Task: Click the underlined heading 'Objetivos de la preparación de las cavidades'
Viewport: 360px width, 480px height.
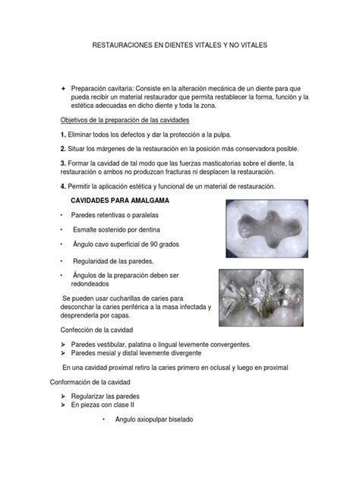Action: (x=129, y=121)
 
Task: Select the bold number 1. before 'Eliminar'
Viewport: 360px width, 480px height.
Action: (x=64, y=134)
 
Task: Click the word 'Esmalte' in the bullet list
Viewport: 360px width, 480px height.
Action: (x=87, y=229)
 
